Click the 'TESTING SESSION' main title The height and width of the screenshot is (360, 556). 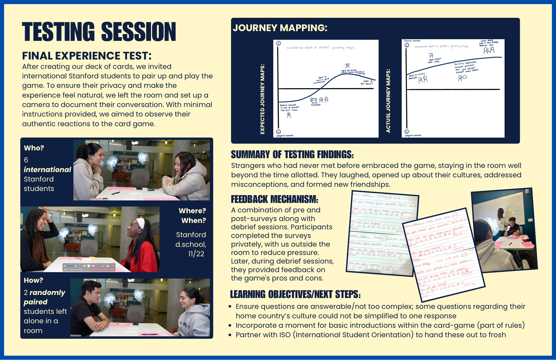99,32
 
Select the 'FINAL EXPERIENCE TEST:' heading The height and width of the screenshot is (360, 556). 87,56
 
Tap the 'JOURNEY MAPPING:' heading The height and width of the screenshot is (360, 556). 280,28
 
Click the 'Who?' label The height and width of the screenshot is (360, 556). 34,148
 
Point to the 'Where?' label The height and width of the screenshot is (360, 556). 192,211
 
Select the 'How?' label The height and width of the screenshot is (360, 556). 33,280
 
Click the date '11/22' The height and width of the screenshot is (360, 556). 196,254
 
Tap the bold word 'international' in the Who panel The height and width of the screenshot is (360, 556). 47,170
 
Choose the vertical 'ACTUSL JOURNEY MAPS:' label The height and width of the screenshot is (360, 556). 388,101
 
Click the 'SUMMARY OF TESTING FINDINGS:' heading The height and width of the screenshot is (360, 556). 292,155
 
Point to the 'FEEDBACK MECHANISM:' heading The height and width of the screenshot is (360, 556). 274,199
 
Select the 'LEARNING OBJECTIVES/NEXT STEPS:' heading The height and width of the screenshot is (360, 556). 295,294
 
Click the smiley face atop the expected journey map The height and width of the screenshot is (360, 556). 279,43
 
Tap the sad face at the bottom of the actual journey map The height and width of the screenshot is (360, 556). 407,131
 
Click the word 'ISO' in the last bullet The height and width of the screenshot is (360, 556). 285,335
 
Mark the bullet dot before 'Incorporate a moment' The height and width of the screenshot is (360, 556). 230,325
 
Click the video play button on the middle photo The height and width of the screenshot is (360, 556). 89,266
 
